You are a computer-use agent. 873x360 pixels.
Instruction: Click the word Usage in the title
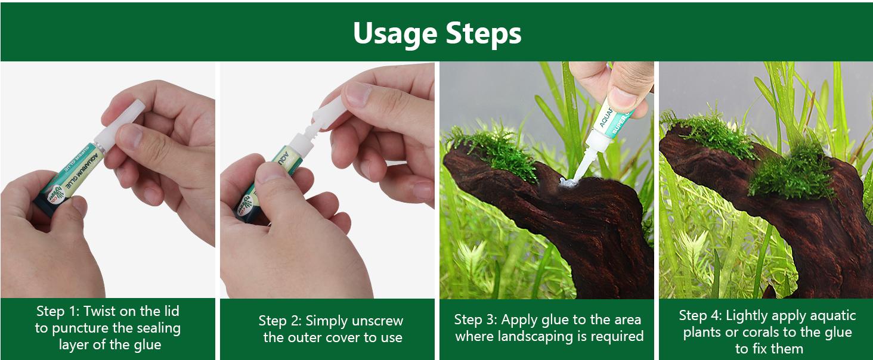coord(394,34)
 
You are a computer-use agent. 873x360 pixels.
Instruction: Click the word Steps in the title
coord(484,33)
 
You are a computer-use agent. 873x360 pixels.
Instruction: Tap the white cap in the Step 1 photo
coord(119,123)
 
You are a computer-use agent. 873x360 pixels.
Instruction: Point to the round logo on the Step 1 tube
coord(55,195)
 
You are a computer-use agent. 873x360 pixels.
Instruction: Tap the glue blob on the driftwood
coord(569,182)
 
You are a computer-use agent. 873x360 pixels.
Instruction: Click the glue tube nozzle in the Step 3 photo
coord(584,165)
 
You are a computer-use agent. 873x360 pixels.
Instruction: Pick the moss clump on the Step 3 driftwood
coord(495,150)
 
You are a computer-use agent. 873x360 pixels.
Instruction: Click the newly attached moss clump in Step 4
coord(791,172)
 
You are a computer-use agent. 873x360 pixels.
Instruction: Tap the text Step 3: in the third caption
coord(475,320)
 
